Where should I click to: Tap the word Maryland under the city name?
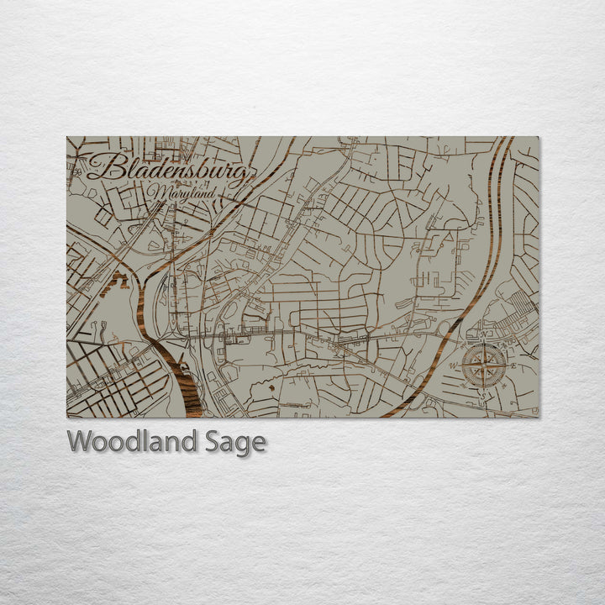pyautogui.click(x=178, y=193)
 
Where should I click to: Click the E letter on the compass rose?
pyautogui.click(x=513, y=366)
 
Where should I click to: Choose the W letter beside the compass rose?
pyautogui.click(x=454, y=366)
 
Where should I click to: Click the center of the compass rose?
pyautogui.click(x=484, y=366)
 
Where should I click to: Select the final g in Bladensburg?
pyautogui.click(x=244, y=176)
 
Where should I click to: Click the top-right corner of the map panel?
pyautogui.click(x=539, y=137)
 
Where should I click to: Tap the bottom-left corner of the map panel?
pyautogui.click(x=67, y=417)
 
